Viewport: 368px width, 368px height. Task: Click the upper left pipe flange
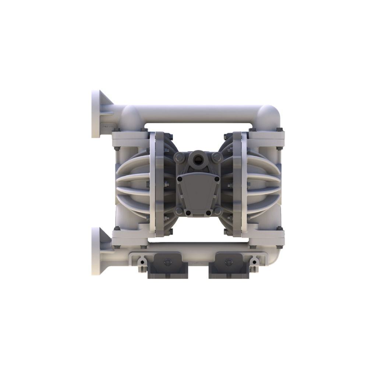click(x=96, y=113)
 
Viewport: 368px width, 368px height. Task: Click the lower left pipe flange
click(x=96, y=250)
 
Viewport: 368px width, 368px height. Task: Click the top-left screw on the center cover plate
click(x=180, y=178)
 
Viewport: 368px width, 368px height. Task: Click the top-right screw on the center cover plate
click(x=217, y=178)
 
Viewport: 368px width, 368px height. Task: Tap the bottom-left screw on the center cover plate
click(x=188, y=213)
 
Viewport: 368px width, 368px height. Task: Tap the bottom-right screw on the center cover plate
click(x=209, y=213)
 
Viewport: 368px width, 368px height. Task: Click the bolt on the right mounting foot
click(x=227, y=262)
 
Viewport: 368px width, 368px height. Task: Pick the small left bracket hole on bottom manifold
click(x=140, y=262)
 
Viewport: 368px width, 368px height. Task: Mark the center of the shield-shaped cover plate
click(x=198, y=193)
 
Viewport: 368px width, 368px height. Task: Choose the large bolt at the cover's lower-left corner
click(x=178, y=210)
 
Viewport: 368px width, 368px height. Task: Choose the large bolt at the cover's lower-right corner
click(x=217, y=210)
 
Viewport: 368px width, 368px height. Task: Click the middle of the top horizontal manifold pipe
click(x=199, y=114)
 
